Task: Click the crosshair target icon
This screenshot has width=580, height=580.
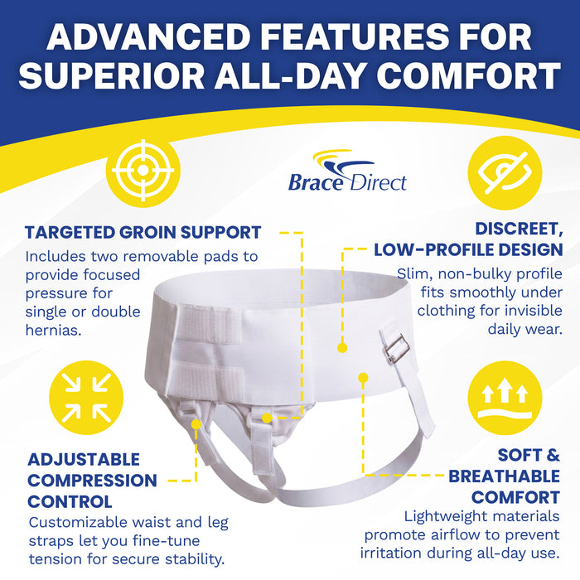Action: coord(143,171)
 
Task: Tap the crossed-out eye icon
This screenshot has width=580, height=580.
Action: coord(505,172)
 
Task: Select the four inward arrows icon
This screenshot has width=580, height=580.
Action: coord(86,398)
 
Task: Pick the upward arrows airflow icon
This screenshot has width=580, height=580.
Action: coord(505,398)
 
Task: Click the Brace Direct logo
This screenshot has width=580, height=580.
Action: coord(347,171)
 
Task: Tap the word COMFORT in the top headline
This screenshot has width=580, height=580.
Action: coord(469,75)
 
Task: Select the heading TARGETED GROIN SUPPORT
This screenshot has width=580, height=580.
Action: coord(143,232)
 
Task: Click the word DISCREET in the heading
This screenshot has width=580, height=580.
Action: coord(519,230)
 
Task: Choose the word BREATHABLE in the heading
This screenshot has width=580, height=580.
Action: coord(504,476)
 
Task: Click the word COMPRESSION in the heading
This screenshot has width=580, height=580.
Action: coord(92,481)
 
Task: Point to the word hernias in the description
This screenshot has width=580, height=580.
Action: coord(53,330)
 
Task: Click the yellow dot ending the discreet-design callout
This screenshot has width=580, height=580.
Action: coord(342,348)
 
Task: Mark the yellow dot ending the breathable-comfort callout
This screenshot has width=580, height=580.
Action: coord(363,378)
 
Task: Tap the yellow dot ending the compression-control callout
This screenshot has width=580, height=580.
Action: coord(196,424)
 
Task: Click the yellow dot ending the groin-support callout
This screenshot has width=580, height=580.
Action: coord(267,418)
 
